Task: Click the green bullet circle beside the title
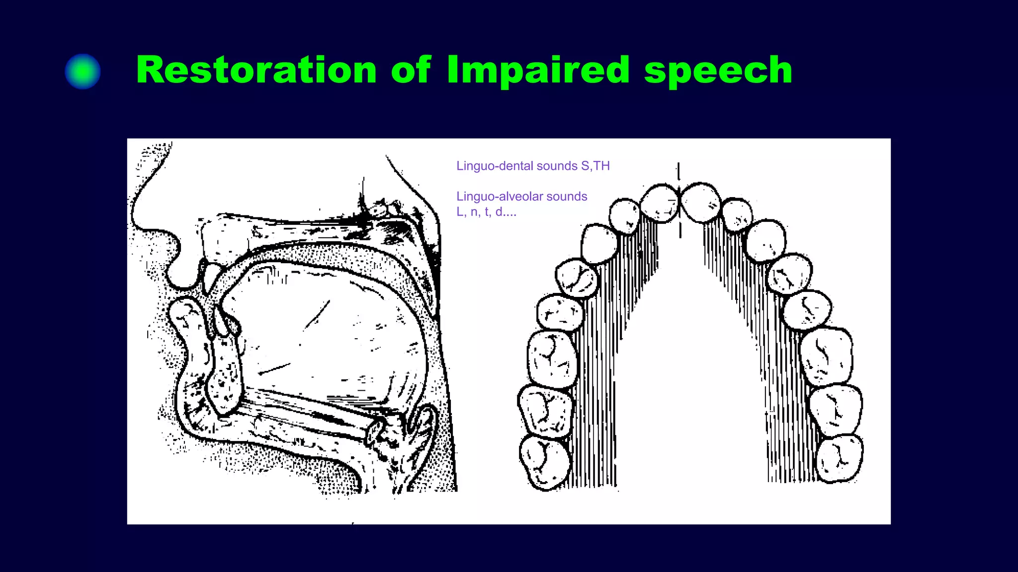pyautogui.click(x=83, y=71)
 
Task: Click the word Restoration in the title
pyautogui.click(x=256, y=70)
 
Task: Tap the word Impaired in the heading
pyautogui.click(x=538, y=71)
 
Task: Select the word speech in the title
pyautogui.click(x=718, y=71)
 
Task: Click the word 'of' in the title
pyautogui.click(x=411, y=70)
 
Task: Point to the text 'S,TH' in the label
pyautogui.click(x=595, y=166)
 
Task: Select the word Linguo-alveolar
pyautogui.click(x=499, y=197)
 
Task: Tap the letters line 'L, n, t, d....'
pyautogui.click(x=486, y=212)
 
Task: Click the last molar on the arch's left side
pyautogui.click(x=544, y=462)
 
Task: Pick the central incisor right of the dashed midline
pyautogui.click(x=700, y=202)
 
